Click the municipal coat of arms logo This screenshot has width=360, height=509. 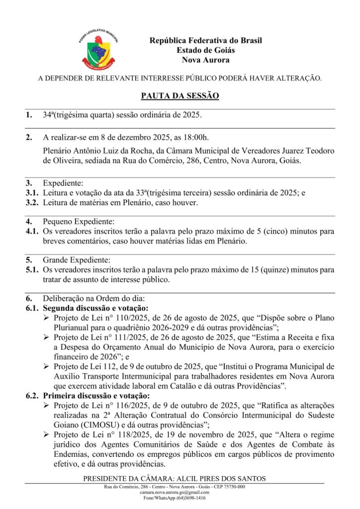click(x=98, y=50)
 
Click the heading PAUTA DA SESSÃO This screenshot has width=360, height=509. click(x=180, y=95)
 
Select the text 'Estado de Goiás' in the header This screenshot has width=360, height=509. click(x=205, y=50)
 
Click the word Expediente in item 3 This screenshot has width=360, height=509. click(x=63, y=183)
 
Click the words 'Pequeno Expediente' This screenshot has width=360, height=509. click(x=79, y=222)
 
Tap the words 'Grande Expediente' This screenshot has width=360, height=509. click(x=76, y=260)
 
